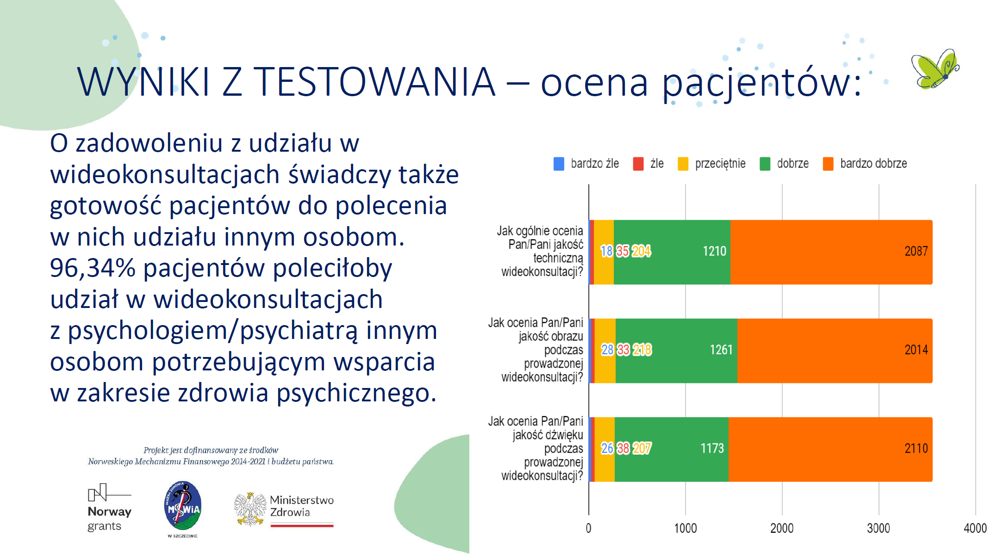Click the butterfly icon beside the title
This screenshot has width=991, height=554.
[935, 69]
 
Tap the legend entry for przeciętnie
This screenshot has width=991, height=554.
[711, 164]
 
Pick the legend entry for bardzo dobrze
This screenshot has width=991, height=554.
[865, 164]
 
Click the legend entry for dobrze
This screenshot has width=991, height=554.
[784, 164]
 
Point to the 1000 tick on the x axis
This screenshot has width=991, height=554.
[685, 528]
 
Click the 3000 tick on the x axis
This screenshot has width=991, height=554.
[878, 528]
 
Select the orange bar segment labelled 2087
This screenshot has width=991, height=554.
[831, 252]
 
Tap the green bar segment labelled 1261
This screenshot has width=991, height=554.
[676, 351]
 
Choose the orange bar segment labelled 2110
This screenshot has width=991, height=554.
[830, 449]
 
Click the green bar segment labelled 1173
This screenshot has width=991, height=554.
[671, 449]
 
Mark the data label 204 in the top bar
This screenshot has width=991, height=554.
[642, 251]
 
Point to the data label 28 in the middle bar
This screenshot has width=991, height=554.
[607, 350]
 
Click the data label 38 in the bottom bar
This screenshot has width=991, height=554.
[623, 448]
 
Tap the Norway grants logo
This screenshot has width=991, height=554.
[109, 508]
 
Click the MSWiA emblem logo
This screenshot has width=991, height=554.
[183, 506]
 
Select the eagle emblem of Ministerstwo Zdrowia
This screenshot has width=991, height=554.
[250, 509]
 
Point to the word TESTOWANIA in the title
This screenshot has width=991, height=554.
[374, 82]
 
